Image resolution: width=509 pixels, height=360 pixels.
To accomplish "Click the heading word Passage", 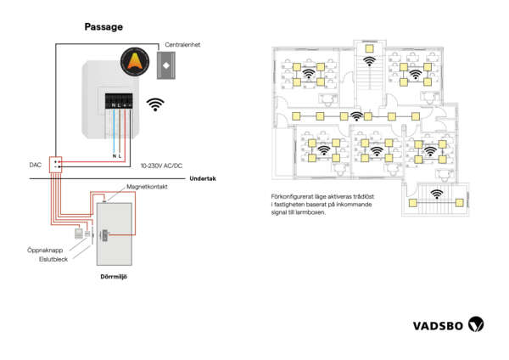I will click(103, 27).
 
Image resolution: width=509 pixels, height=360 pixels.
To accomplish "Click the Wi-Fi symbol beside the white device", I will click(154, 104).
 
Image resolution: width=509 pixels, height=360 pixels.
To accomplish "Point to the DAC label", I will click(36, 165).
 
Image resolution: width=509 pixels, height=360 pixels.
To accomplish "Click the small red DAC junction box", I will click(56, 165).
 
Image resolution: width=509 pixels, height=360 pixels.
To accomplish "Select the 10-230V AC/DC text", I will click(161, 166).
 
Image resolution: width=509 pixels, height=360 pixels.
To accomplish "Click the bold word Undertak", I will click(204, 178).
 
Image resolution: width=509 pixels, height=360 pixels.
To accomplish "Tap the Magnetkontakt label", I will click(145, 186).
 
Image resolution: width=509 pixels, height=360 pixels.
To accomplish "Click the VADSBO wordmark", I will click(439, 324).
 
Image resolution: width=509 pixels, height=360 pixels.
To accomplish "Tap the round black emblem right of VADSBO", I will click(478, 323).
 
